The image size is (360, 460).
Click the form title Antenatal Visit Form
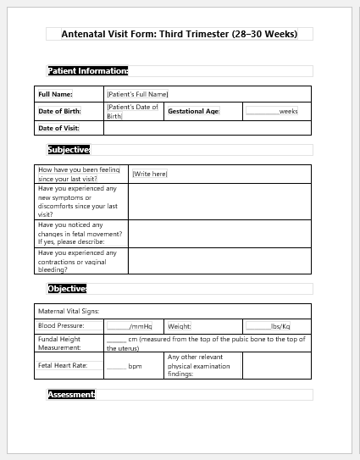179,34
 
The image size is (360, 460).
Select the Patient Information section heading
88,71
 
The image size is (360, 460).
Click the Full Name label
56,94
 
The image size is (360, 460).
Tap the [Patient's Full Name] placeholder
137,94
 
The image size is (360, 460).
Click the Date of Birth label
60,111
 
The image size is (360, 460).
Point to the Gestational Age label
194,111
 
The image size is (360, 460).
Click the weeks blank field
271,111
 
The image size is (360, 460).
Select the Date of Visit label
59,128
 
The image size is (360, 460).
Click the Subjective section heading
69,150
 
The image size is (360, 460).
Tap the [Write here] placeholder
150,174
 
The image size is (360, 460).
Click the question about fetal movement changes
80,233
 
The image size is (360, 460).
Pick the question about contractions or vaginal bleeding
78,261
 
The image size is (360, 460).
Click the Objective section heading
67,289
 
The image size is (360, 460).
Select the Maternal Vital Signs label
69,311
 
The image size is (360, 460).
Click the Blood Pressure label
61,326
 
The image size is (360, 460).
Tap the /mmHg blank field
129,326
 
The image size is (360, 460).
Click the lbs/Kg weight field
269,326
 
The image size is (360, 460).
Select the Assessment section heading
71,395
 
